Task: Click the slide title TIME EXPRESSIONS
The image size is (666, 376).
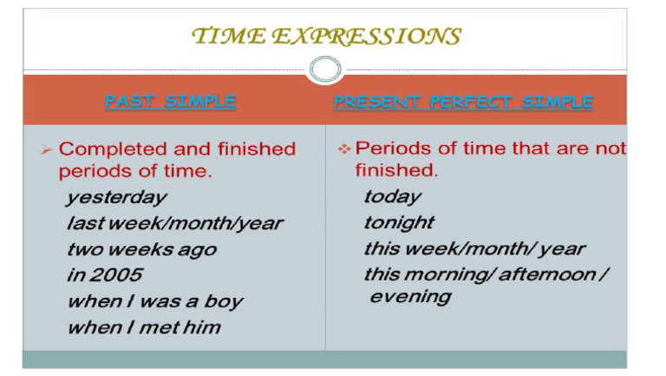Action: tap(325, 36)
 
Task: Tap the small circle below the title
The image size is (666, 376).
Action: tap(325, 69)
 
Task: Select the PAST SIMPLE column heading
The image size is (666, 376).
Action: tap(170, 102)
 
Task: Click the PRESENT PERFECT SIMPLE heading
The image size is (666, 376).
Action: tap(463, 102)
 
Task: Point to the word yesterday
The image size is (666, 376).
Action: tap(116, 198)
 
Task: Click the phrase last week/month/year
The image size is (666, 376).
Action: tap(174, 223)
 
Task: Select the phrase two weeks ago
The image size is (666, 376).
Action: tap(141, 249)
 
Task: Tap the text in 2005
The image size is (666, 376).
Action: tap(104, 275)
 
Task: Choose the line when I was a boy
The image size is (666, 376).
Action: tap(154, 301)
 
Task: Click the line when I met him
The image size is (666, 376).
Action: tap(143, 327)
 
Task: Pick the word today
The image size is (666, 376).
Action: tap(392, 197)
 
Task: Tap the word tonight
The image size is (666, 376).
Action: tap(398, 223)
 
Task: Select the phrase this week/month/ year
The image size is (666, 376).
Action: tap(473, 249)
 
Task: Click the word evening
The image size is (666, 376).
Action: tap(410, 297)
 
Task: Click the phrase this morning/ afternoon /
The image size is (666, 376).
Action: tap(486, 274)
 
